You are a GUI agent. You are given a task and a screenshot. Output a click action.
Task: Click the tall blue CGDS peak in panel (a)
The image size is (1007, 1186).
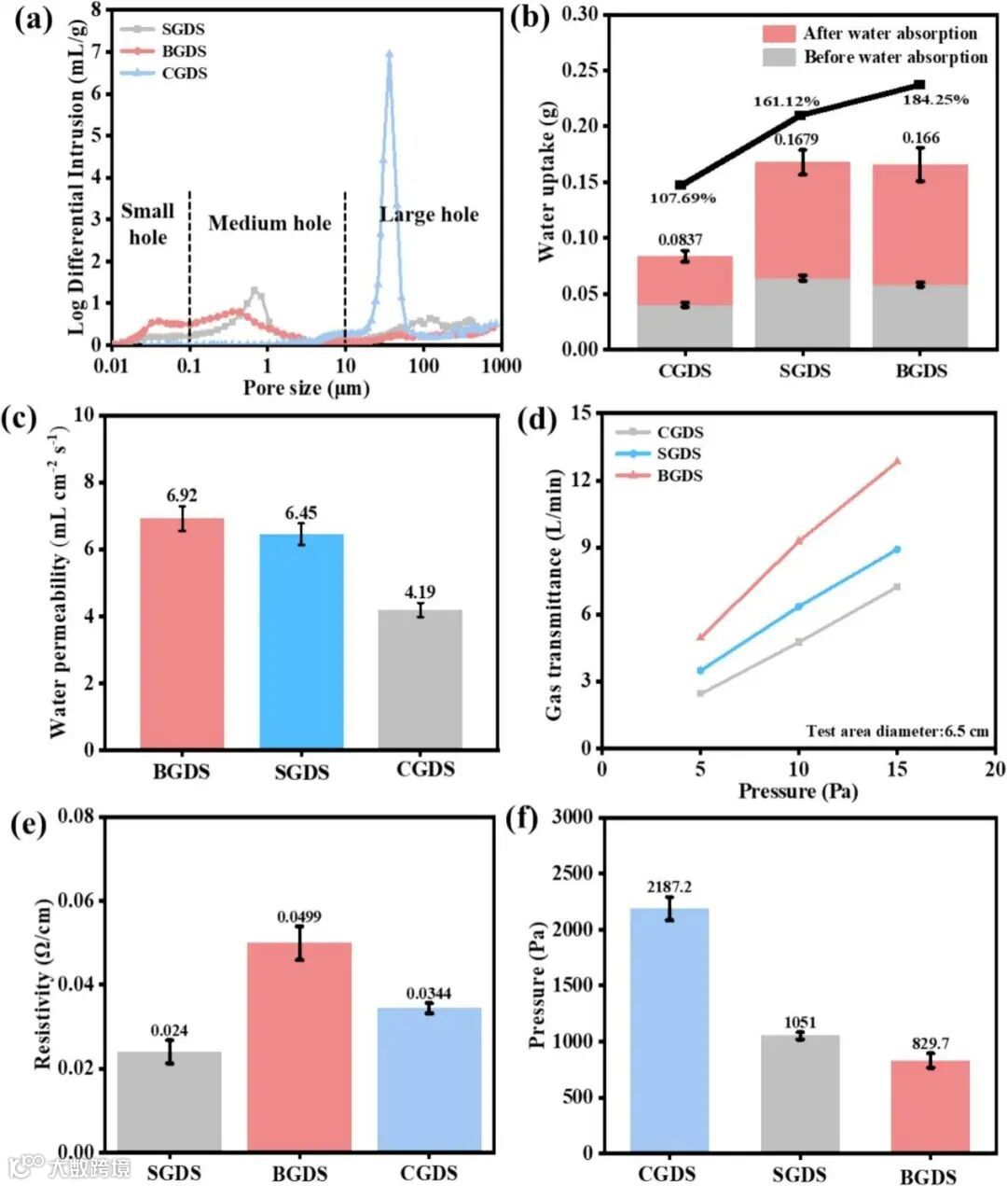pyautogui.click(x=389, y=56)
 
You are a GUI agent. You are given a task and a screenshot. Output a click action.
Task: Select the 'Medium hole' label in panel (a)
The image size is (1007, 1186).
pyautogui.click(x=269, y=223)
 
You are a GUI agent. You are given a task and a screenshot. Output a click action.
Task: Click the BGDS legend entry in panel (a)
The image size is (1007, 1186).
pyautogui.click(x=184, y=51)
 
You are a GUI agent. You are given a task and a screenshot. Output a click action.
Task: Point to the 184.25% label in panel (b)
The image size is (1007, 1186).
pyautogui.click(x=935, y=99)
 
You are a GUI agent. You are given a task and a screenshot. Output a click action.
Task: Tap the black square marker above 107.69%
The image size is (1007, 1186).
pyautogui.click(x=681, y=185)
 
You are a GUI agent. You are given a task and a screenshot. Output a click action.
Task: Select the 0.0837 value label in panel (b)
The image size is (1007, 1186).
pyautogui.click(x=681, y=240)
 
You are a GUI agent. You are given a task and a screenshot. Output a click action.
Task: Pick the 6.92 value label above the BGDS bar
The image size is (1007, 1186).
pyautogui.click(x=182, y=495)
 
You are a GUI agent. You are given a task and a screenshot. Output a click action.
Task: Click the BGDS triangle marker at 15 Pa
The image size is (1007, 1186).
pyautogui.click(x=897, y=461)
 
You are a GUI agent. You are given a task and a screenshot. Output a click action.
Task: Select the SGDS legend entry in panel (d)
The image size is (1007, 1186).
pyautogui.click(x=678, y=453)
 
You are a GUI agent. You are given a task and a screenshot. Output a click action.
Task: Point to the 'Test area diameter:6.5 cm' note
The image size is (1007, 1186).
pyautogui.click(x=897, y=732)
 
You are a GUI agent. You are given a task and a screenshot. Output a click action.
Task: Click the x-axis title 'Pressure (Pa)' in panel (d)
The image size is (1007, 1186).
pyautogui.click(x=798, y=791)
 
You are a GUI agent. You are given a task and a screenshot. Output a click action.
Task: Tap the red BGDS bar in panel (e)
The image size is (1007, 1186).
pyautogui.click(x=299, y=1045)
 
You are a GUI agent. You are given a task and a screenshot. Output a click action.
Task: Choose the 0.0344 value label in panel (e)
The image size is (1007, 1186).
pyautogui.click(x=429, y=994)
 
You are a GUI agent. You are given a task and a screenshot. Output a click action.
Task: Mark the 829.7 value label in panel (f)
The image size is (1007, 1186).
pyautogui.click(x=930, y=1043)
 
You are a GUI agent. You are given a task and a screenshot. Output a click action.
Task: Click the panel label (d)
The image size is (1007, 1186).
pyautogui.click(x=536, y=420)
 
